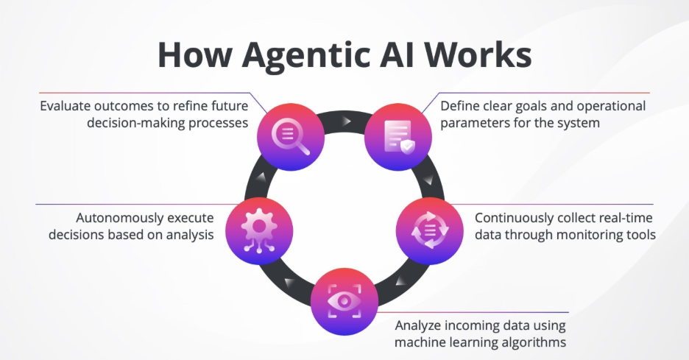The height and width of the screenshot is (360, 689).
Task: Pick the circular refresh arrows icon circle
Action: [428, 230]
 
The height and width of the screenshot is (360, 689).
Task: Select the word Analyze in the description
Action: [419, 325]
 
